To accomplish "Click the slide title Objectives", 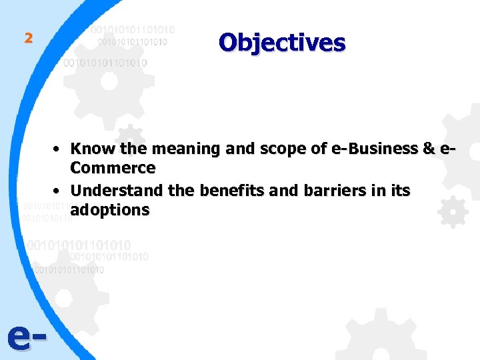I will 282,43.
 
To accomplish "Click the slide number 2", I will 28,38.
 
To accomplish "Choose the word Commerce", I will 113,167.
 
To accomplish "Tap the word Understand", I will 117,191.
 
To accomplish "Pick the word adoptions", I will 110,210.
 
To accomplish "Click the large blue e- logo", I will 27,339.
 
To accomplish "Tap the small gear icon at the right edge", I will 453,213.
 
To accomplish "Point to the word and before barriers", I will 285,191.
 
